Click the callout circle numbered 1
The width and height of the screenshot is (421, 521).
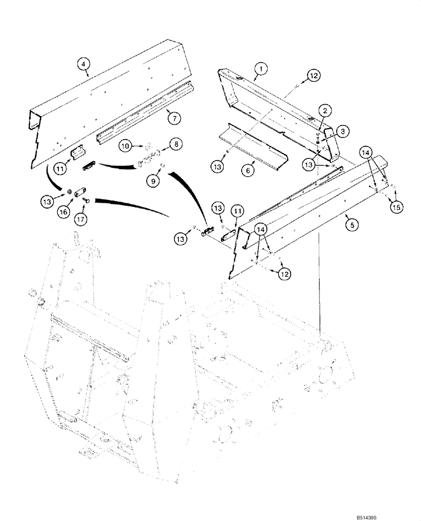tap(261, 67)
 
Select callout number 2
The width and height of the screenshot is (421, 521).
tap(324, 110)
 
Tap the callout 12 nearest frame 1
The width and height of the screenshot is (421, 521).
tap(313, 77)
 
